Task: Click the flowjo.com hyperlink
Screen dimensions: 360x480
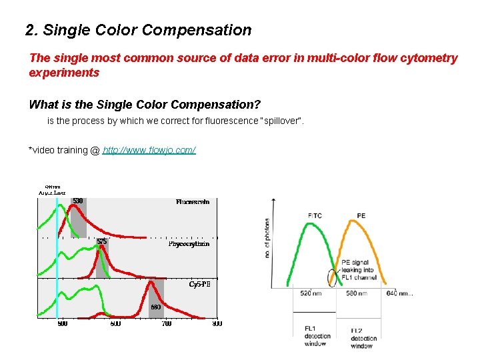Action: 149,150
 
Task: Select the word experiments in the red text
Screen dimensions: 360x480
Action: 64,73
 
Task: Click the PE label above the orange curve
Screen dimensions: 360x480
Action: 361,216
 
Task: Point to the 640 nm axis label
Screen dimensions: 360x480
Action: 399,293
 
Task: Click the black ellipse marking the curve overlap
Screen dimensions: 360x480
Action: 332,275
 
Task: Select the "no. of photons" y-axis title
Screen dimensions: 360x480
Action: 268,238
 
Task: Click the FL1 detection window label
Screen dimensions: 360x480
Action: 315,336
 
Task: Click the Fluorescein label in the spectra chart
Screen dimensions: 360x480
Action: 193,201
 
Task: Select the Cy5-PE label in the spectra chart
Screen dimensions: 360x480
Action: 199,283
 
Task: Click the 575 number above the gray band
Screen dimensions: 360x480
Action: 101,241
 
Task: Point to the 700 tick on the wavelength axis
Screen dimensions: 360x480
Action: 166,323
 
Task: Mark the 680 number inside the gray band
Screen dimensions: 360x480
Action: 155,307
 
